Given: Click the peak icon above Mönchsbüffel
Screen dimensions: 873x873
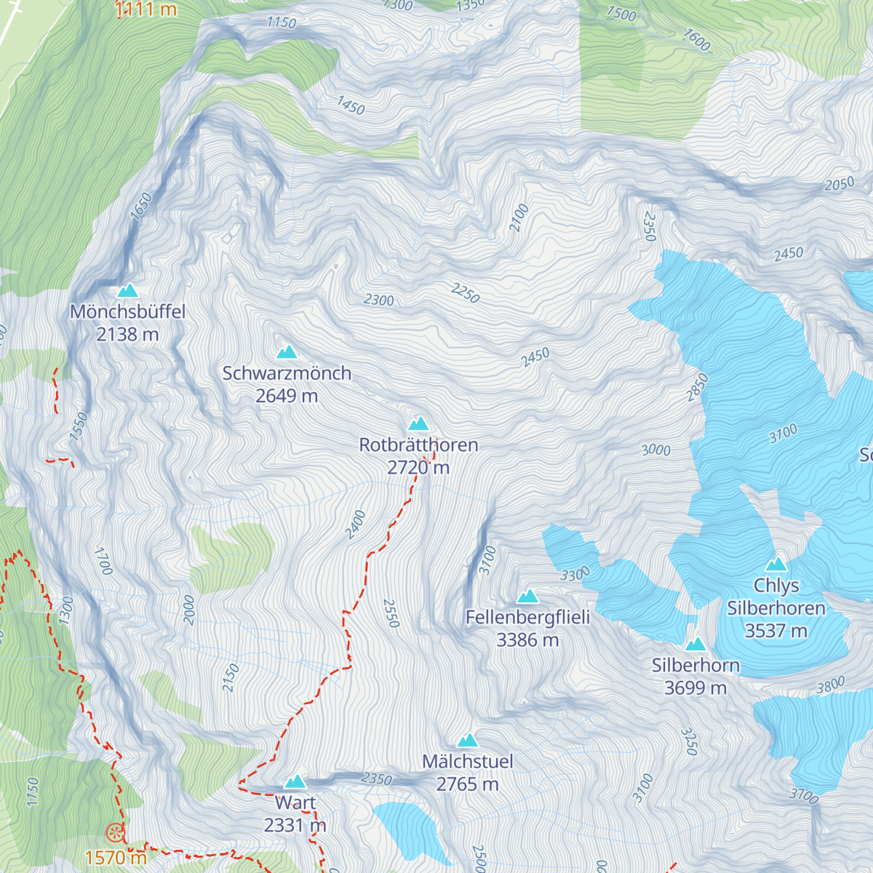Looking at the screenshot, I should [x=128, y=290].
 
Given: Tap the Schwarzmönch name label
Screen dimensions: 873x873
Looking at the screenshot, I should [x=287, y=373].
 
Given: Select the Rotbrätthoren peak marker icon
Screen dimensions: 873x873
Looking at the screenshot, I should [x=418, y=423].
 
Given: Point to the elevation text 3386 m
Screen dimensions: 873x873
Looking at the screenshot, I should [x=527, y=640].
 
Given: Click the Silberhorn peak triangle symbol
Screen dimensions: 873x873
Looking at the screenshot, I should [x=695, y=644].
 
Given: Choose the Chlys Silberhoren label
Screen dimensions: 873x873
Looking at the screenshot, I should [x=776, y=597].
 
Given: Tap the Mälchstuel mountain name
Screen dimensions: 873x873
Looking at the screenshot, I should [x=468, y=762].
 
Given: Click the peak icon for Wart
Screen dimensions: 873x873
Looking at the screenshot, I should [x=295, y=782].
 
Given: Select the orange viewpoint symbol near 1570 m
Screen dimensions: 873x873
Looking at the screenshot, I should [x=115, y=833].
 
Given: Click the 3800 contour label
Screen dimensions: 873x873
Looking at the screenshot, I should [x=830, y=685].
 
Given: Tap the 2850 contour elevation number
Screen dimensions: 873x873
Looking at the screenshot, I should [x=697, y=387].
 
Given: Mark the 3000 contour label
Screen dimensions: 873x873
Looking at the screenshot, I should [x=655, y=450].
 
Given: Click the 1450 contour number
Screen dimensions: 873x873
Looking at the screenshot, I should [x=351, y=105].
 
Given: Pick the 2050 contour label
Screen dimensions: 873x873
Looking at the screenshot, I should [x=839, y=185].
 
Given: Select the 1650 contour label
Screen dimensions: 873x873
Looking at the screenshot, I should [x=141, y=207].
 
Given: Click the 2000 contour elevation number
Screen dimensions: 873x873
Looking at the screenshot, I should [x=189, y=610].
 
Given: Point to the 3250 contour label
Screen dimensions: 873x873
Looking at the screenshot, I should [x=689, y=741].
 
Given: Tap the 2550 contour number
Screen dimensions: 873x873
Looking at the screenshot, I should [x=391, y=613].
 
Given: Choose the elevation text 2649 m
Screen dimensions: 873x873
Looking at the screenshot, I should [x=287, y=396].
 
